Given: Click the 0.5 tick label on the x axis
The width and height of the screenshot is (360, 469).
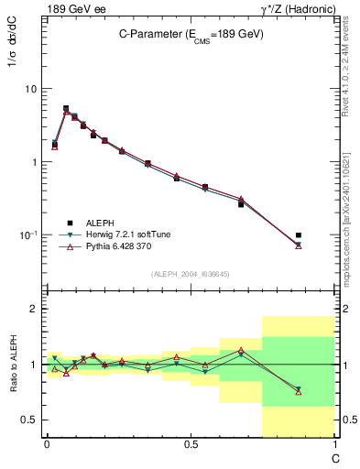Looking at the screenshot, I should click(190, 444).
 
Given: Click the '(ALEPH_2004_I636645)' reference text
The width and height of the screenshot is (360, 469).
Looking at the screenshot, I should click(190, 274).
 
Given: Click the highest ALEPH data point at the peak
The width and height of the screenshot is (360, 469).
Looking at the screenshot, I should click(66, 108).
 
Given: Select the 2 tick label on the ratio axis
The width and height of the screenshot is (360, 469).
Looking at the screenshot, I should click(32, 309).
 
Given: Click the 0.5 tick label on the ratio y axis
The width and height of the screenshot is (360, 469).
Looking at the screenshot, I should click(28, 420).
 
